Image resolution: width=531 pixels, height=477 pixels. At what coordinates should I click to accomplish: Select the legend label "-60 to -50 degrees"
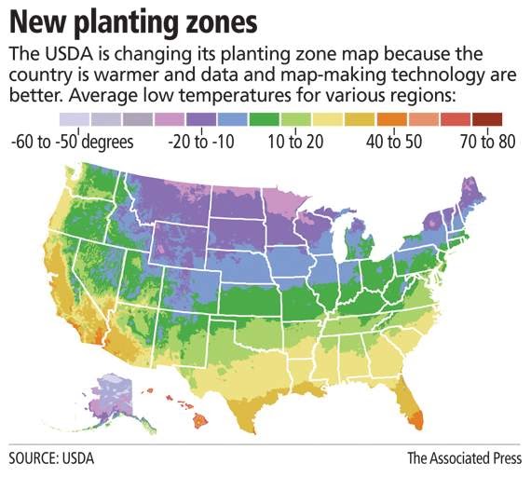click(x=72, y=142)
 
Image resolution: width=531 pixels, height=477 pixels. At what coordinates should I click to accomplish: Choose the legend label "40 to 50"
click(x=392, y=142)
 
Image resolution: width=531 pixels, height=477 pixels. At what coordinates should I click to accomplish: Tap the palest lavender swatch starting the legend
click(x=74, y=118)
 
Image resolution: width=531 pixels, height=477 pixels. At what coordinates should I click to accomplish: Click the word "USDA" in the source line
click(x=77, y=458)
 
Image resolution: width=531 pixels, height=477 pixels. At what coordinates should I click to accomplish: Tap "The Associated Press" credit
click(x=464, y=458)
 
